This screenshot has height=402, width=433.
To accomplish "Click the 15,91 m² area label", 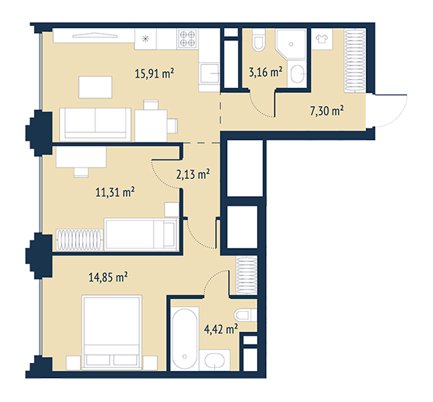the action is [x=154, y=74].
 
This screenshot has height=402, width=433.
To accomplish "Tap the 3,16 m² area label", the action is [x=266, y=71].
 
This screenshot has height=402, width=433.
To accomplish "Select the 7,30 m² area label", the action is [x=327, y=111].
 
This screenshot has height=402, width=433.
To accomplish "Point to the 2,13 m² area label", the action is [x=193, y=174].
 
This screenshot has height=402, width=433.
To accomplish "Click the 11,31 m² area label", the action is [x=115, y=192].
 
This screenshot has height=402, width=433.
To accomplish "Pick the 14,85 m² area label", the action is [x=108, y=277].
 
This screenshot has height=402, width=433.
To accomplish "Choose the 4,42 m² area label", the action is [x=221, y=329].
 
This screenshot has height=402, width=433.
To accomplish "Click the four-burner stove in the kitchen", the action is [x=188, y=39].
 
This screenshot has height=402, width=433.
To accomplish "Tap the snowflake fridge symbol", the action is [x=145, y=39].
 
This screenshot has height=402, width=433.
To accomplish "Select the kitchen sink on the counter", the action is [x=209, y=74].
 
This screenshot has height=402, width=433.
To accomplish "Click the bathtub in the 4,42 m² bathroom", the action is [x=185, y=339].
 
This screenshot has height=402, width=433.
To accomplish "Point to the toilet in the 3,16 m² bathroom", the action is [x=259, y=40].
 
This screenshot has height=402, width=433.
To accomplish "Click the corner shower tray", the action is [x=291, y=44].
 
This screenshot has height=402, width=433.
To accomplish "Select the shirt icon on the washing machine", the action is [x=322, y=39].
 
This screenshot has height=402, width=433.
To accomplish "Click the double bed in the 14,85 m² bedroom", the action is [x=112, y=332].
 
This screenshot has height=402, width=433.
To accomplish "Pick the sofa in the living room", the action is [x=95, y=124].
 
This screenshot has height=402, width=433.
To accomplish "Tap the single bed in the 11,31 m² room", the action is [x=141, y=235].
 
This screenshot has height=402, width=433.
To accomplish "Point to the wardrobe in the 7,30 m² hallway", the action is [x=355, y=61].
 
